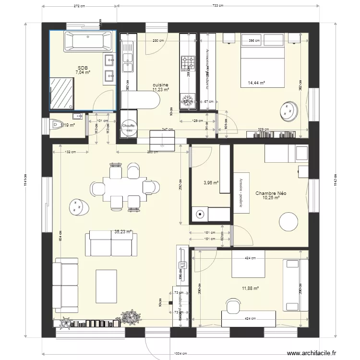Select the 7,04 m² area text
[x=83, y=73]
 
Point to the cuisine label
[x=160, y=85]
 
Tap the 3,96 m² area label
[x=211, y=182]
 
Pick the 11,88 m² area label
[x=251, y=288]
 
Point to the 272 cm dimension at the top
[x=80, y=6]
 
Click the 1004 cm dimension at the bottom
[x=180, y=354]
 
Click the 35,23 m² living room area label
[x=123, y=231]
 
